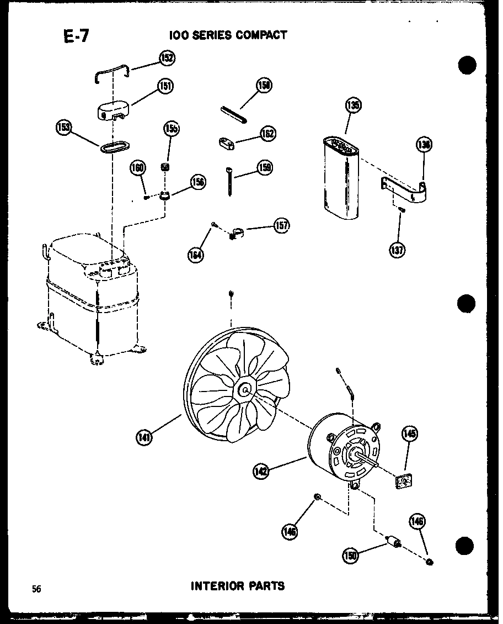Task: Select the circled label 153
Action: pyautogui.click(x=64, y=128)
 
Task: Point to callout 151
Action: pyautogui.click(x=164, y=86)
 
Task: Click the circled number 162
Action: pyautogui.click(x=267, y=134)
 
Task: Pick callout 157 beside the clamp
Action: pyautogui.click(x=281, y=225)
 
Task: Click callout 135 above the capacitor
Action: pyautogui.click(x=353, y=104)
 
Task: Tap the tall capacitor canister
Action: pyautogui.click(x=342, y=179)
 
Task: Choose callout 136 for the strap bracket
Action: pyautogui.click(x=424, y=145)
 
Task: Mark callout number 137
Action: pyautogui.click(x=397, y=250)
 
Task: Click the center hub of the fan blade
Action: pyautogui.click(x=243, y=389)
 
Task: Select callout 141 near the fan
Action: pyautogui.click(x=145, y=438)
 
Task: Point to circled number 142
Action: pyautogui.click(x=261, y=471)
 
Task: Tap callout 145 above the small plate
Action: pyautogui.click(x=410, y=434)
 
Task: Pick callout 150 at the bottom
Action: pyautogui.click(x=350, y=556)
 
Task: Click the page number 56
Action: pyautogui.click(x=36, y=589)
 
